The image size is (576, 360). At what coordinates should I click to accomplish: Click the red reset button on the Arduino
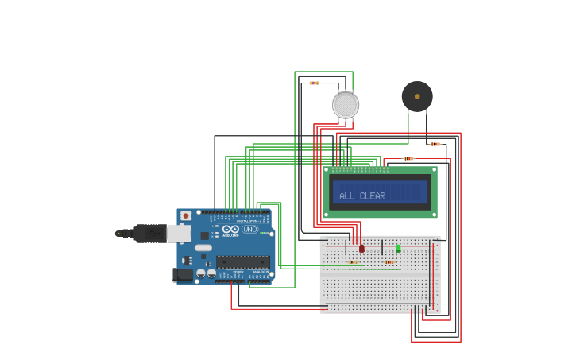pyautogui.click(x=185, y=215)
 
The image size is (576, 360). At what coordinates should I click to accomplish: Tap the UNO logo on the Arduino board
pyautogui.click(x=250, y=230)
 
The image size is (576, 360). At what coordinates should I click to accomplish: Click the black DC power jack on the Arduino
pyautogui.click(x=182, y=274)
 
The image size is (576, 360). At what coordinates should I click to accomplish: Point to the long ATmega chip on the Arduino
pyautogui.click(x=242, y=262)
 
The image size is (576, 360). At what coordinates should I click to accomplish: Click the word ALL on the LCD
pyautogui.click(x=346, y=196)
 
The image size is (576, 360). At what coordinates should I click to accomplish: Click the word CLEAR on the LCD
pyautogui.click(x=373, y=196)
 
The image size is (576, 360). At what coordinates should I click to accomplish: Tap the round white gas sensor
pyautogui.click(x=346, y=105)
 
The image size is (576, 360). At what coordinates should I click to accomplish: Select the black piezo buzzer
pyautogui.click(x=417, y=96)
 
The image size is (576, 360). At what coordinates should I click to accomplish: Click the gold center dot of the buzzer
pyautogui.click(x=417, y=96)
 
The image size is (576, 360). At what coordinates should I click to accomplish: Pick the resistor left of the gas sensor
pyautogui.click(x=314, y=83)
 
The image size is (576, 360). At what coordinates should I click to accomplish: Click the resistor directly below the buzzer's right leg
pyautogui.click(x=435, y=144)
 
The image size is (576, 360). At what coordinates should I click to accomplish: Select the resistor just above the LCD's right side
pyautogui.click(x=408, y=158)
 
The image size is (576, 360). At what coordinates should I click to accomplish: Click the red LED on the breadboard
pyautogui.click(x=361, y=249)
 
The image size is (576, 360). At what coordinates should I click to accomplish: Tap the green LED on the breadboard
pyautogui.click(x=398, y=248)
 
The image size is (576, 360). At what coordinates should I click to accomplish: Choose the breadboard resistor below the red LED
pyautogui.click(x=352, y=261)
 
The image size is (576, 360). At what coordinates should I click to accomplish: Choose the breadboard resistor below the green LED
pyautogui.click(x=389, y=261)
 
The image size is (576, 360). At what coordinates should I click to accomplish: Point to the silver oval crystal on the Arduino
pyautogui.click(x=203, y=248)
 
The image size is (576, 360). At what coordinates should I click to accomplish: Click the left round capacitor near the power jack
pyautogui.click(x=201, y=273)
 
